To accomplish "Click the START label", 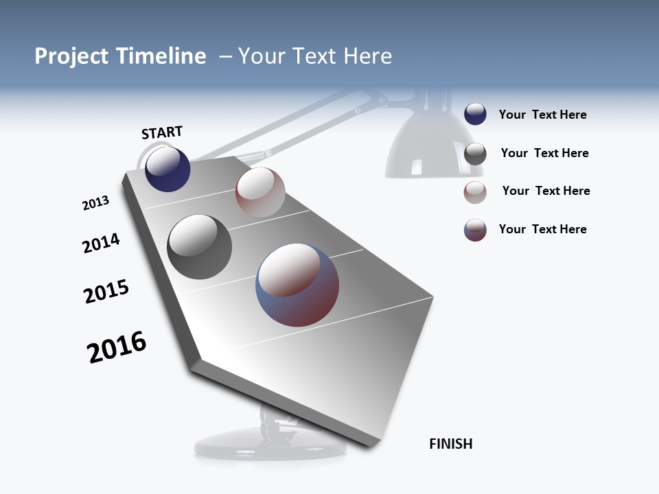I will [x=162, y=132].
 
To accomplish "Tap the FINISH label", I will [x=450, y=444].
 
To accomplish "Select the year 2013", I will [x=95, y=203].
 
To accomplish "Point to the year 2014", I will [x=101, y=243].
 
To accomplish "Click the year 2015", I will [x=106, y=292].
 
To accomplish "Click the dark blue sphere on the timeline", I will [x=167, y=169].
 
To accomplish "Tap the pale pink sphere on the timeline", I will [x=260, y=191].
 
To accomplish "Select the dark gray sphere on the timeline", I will [x=200, y=247].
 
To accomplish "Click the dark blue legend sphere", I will [x=475, y=114].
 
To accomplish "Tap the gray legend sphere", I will [x=475, y=154].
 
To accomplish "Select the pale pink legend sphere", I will [x=475, y=192].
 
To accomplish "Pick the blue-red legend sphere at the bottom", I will [x=475, y=230].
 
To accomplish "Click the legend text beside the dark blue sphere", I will [x=542, y=115].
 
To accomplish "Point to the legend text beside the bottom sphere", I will [x=542, y=229].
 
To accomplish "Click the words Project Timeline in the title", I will [x=120, y=56].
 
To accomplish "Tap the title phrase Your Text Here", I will [x=315, y=56].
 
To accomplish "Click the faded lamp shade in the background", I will [x=424, y=148].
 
